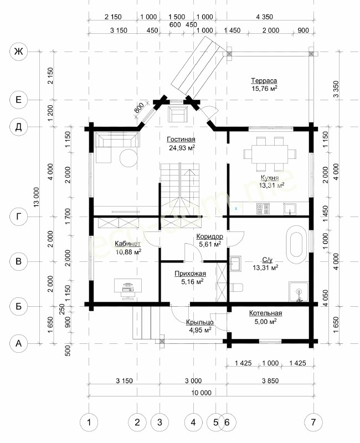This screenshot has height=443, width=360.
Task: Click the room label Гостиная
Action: [181, 140]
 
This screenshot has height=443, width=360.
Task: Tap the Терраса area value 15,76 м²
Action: [264, 89]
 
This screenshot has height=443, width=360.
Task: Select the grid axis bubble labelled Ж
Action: [19, 51]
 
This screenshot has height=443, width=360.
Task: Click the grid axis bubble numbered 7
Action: [313, 423]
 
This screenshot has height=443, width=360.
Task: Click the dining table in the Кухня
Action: [270, 154]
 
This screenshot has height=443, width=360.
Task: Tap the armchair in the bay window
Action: [177, 114]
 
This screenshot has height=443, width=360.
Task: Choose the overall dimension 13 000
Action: [37, 197]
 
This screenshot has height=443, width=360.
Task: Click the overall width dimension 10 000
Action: [201, 393]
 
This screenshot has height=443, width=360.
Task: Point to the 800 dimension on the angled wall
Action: [139, 107]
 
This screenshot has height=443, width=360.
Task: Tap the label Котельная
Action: [265, 313]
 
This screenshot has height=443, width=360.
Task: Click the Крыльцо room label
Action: [199, 322]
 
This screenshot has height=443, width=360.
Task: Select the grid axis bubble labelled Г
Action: [19, 217]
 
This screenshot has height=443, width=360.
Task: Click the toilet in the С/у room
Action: [236, 287]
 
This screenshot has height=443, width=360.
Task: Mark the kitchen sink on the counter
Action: [290, 209]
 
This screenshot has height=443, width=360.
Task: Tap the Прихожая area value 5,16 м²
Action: [192, 281]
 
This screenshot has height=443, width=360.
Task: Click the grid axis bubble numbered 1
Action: [89, 423]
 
